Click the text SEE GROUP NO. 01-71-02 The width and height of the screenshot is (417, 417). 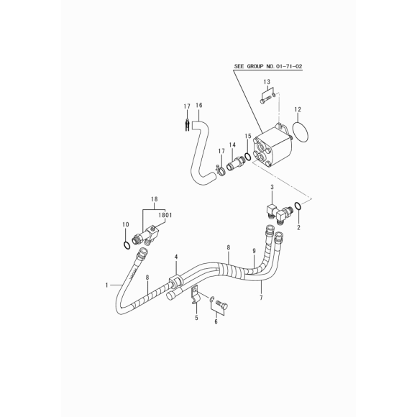click(x=268, y=66)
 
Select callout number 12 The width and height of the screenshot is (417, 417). click(x=298, y=109)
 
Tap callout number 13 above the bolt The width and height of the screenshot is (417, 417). click(x=267, y=82)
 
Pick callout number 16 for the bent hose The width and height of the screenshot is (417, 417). click(x=199, y=105)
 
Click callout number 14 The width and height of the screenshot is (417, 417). click(x=232, y=145)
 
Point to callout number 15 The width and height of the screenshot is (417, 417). click(x=248, y=136)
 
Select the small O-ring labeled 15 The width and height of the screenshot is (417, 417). click(x=247, y=157)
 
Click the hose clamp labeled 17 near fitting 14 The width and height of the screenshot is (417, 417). click(x=220, y=170)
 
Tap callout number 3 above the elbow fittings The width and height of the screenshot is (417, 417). click(x=272, y=187)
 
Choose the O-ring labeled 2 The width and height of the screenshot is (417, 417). click(x=298, y=206)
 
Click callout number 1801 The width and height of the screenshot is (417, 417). click(x=165, y=215)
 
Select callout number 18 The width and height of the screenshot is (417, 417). click(x=155, y=199)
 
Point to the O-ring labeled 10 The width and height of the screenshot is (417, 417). click(x=127, y=245)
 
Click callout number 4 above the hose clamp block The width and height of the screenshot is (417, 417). click(x=176, y=257)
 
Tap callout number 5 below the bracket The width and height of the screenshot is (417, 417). click(x=196, y=318)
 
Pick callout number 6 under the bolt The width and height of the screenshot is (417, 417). click(x=216, y=321)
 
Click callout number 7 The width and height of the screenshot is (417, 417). click(x=261, y=298)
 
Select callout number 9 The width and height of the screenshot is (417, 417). click(x=254, y=251)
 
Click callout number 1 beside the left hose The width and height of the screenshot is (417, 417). click(x=106, y=285)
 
